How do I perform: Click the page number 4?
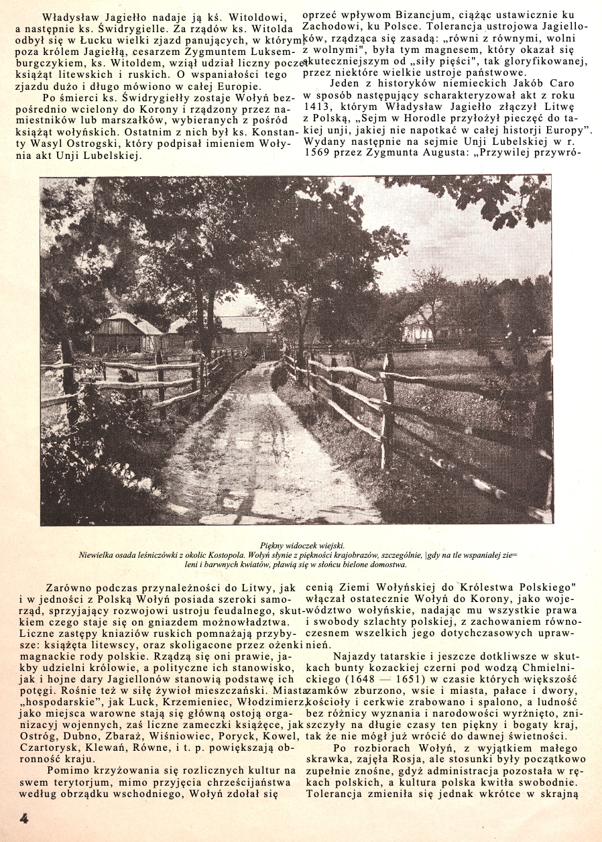pyautogui.click(x=23, y=819)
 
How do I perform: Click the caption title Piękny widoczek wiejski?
pyautogui.click(x=301, y=546)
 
